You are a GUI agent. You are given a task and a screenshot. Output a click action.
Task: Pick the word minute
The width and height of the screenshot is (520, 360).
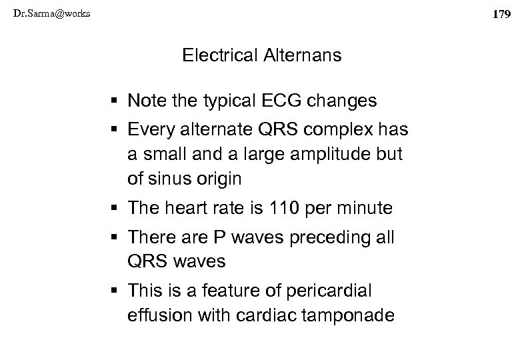pos(369,209)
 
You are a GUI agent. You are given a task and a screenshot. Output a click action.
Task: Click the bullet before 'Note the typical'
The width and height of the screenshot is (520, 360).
pos(117,101)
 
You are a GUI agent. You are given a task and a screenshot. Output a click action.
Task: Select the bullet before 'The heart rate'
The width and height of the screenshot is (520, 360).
pos(117,209)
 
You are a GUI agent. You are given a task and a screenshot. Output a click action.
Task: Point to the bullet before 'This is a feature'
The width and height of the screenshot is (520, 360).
pos(117,291)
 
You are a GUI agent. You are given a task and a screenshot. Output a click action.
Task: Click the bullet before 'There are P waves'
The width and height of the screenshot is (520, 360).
pos(117,237)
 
